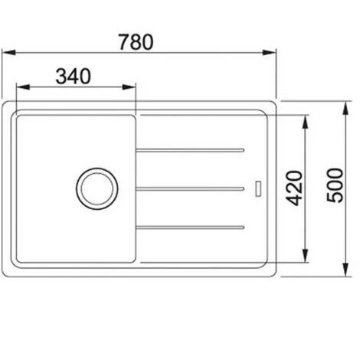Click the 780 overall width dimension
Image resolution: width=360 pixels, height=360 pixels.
138,41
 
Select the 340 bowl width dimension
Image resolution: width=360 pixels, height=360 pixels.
74,76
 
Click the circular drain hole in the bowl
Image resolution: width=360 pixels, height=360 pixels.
96,186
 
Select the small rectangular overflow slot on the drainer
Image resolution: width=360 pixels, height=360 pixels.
258,186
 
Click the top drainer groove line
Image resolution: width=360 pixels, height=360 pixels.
191,147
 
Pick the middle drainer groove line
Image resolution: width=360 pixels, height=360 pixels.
191,187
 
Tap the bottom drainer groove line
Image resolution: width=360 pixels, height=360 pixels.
191,226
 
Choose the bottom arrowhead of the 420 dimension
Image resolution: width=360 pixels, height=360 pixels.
306,258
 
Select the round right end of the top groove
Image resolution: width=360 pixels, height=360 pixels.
244,147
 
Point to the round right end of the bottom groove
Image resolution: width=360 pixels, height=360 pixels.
244,226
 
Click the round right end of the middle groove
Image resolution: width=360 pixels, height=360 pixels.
244,187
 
